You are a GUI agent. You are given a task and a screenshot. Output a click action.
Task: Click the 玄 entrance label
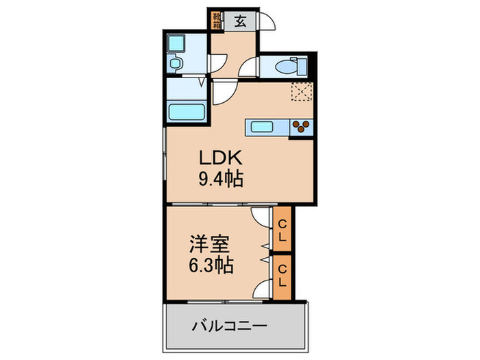[x=241, y=19]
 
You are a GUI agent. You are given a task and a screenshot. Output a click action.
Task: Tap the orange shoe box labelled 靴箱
[x=217, y=19]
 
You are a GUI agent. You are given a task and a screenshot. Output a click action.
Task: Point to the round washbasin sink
[x=176, y=64]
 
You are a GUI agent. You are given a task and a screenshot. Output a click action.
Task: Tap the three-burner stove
[x=301, y=125]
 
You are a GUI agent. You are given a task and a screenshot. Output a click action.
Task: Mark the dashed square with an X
[x=301, y=91]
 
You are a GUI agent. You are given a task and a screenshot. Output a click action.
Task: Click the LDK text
[x=217, y=156]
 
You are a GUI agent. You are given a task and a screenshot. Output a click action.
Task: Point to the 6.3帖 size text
[x=210, y=265]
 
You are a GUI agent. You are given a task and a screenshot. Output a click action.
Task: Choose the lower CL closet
[x=282, y=276]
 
